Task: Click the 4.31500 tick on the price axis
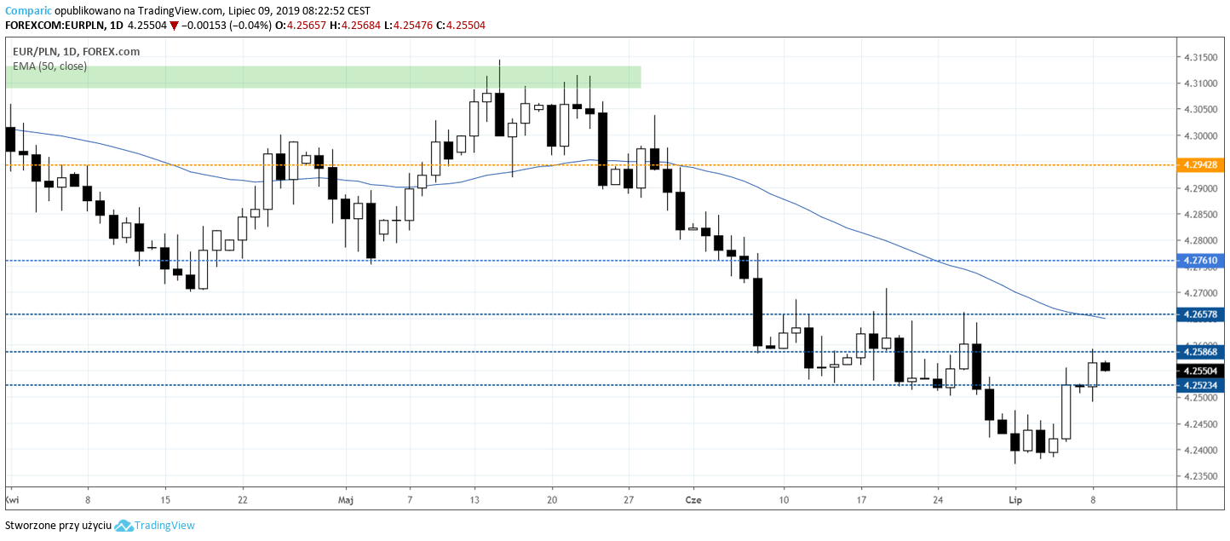tap(1200, 57)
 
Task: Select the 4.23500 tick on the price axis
tap(1200, 476)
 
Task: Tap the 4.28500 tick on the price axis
tap(1200, 215)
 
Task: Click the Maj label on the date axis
tap(345, 498)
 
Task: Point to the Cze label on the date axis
tap(693, 498)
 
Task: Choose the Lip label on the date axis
tap(1014, 498)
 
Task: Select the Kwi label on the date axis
tap(12, 498)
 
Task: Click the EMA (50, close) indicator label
tap(49, 66)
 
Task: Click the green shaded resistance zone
tap(323, 77)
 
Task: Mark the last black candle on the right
tap(1105, 366)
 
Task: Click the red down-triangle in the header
tap(174, 26)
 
